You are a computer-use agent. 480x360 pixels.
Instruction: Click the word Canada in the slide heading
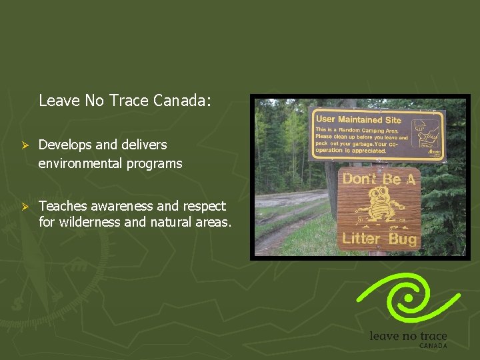(181, 101)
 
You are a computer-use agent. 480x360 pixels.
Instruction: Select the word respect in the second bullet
(203, 207)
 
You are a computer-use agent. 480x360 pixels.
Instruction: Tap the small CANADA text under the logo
(433, 346)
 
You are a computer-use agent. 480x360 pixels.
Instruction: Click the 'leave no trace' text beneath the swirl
(408, 336)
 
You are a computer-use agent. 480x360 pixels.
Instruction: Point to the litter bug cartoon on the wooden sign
(378, 207)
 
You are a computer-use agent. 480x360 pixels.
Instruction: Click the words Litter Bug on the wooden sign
(378, 238)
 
